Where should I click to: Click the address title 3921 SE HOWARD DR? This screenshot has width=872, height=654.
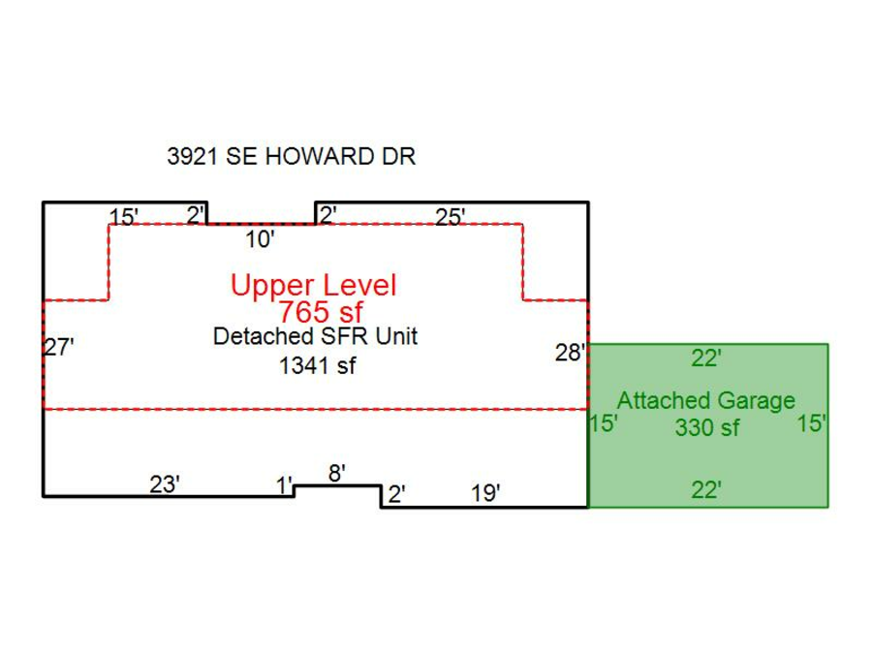(291, 157)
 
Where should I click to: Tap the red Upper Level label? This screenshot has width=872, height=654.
(313, 286)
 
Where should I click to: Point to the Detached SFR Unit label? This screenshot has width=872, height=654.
(315, 337)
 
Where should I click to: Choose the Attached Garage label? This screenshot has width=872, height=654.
(705, 400)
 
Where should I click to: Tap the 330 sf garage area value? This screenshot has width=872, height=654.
(707, 427)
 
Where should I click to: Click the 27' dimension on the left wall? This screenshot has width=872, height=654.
(59, 348)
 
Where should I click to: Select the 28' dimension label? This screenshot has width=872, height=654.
(570, 354)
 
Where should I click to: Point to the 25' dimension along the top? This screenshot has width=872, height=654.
(451, 217)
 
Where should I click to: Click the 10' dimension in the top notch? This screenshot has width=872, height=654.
(260, 238)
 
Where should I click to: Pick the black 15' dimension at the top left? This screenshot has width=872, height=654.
(125, 217)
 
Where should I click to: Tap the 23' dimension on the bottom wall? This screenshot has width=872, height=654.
(165, 484)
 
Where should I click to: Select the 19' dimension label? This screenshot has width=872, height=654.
(485, 494)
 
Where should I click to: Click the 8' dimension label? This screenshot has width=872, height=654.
(337, 473)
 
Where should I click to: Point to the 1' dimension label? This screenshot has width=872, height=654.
(284, 485)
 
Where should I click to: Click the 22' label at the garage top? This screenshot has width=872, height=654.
(706, 358)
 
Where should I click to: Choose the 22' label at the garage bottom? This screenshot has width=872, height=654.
(706, 490)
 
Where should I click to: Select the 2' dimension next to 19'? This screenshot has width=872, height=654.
(396, 495)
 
